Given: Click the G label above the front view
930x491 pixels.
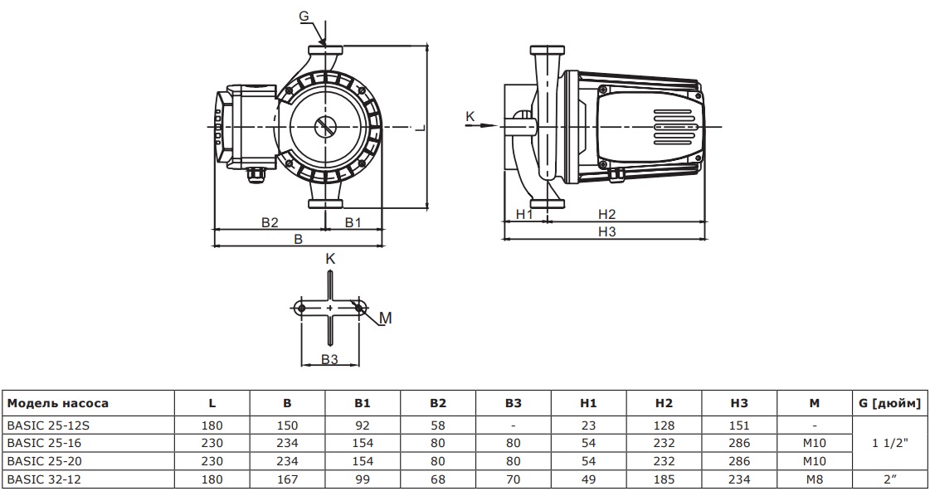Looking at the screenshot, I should [x=304, y=15].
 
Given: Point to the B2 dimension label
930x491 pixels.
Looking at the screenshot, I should [x=269, y=222].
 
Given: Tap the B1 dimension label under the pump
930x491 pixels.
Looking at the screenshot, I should [x=353, y=222].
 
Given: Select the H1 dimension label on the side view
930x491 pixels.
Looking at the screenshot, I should [x=524, y=214].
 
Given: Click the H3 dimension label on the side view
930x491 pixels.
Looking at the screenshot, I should [x=606, y=231].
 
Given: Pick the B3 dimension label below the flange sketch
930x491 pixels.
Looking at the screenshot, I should [x=329, y=359].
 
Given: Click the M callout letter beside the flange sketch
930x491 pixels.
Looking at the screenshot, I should [x=385, y=318].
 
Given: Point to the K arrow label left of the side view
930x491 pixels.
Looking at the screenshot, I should [x=470, y=117].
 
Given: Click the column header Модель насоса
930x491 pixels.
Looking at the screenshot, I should [x=58, y=404].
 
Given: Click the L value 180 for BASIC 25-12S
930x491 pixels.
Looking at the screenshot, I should [x=212, y=424].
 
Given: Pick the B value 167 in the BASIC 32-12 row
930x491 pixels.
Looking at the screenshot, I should [x=287, y=479].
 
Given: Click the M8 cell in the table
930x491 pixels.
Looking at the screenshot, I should [x=815, y=479].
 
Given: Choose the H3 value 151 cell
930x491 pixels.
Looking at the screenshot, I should [x=739, y=424].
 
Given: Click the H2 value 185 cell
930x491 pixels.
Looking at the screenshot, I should [x=664, y=479].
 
